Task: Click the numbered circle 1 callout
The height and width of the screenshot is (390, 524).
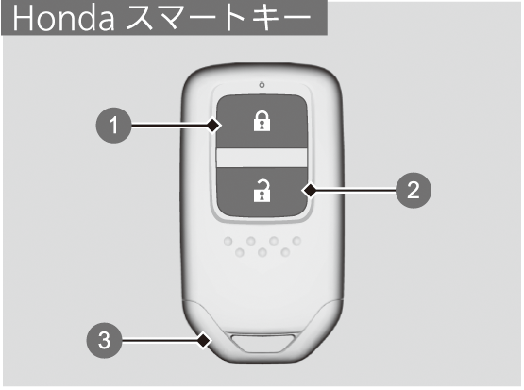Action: point(113,126)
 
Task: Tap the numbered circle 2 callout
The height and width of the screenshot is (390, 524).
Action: point(414,190)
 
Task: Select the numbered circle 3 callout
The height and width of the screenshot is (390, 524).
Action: point(104,340)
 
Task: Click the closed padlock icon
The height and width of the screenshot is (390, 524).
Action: point(262,121)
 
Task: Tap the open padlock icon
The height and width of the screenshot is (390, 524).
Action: point(262,191)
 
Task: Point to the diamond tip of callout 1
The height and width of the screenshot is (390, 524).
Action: point(213,126)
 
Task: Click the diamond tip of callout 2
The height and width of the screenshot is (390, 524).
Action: point(310,191)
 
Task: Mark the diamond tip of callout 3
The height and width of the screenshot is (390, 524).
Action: point(204,341)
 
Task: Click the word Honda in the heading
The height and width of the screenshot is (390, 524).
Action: point(63,19)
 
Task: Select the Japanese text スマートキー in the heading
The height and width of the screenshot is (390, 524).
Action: point(219,19)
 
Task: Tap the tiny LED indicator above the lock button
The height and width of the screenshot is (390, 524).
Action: point(262,85)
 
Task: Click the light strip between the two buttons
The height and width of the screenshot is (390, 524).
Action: point(262,158)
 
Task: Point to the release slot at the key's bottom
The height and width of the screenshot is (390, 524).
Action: point(263,343)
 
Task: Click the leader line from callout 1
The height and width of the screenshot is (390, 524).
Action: point(169,126)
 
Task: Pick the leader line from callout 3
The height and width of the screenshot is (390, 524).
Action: point(160,341)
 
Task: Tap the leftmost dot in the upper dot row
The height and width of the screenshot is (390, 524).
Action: point(228,241)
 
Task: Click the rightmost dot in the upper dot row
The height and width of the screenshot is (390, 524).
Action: point(296,240)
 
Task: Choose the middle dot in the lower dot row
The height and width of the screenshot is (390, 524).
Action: point(262,252)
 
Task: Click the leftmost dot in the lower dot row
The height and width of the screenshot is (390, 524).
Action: point(240,252)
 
